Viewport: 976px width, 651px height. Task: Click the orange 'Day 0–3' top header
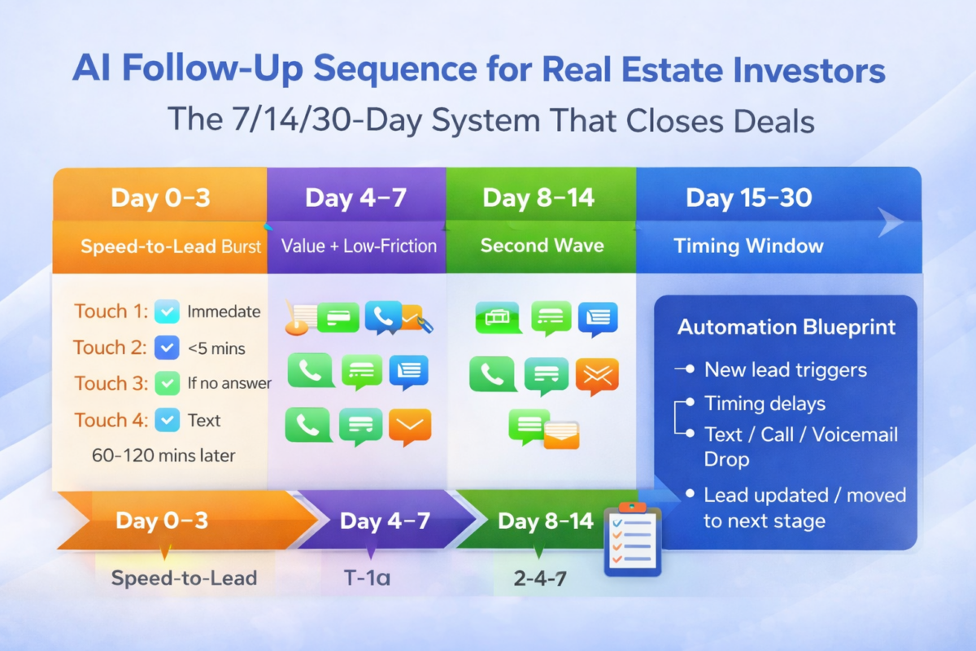(159, 198)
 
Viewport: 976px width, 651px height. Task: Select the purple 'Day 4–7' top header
(355, 198)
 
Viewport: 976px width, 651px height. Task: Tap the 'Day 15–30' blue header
(748, 198)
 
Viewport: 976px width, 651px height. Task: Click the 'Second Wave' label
(542, 246)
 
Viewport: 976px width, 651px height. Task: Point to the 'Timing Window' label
(748, 246)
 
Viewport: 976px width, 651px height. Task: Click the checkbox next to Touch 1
(167, 311)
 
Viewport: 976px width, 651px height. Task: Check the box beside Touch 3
(167, 382)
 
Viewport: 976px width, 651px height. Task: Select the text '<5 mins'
(216, 348)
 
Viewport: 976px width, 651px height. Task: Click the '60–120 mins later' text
(163, 456)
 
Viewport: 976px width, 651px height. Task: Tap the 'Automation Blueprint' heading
(786, 327)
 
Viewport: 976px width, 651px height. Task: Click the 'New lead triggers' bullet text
(785, 369)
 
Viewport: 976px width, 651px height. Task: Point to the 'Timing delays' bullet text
(765, 404)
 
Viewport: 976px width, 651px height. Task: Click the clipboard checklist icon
(633, 540)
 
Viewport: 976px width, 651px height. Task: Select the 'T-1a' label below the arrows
(366, 579)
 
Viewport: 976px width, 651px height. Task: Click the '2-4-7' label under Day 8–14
(541, 579)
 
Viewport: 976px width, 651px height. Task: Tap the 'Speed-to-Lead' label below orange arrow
(184, 579)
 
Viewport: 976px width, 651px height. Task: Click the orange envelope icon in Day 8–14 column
(597, 375)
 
